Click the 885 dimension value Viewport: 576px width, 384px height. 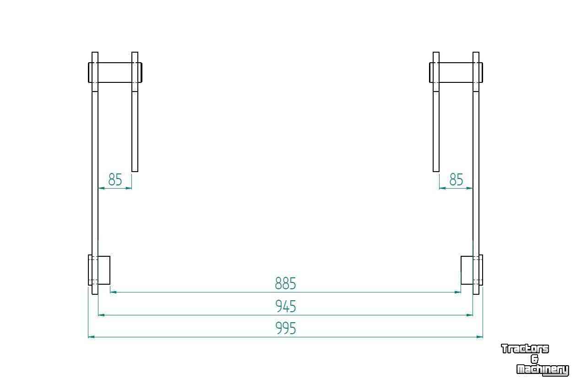click(x=285, y=283)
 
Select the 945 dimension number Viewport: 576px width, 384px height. click(x=285, y=306)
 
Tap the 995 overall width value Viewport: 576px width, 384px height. click(x=285, y=328)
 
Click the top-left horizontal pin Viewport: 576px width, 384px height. click(x=115, y=72)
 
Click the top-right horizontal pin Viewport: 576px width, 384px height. click(x=456, y=72)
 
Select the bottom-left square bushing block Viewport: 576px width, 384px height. click(x=104, y=270)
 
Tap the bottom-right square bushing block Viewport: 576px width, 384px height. click(x=467, y=270)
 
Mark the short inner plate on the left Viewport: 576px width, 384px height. click(x=135, y=112)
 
